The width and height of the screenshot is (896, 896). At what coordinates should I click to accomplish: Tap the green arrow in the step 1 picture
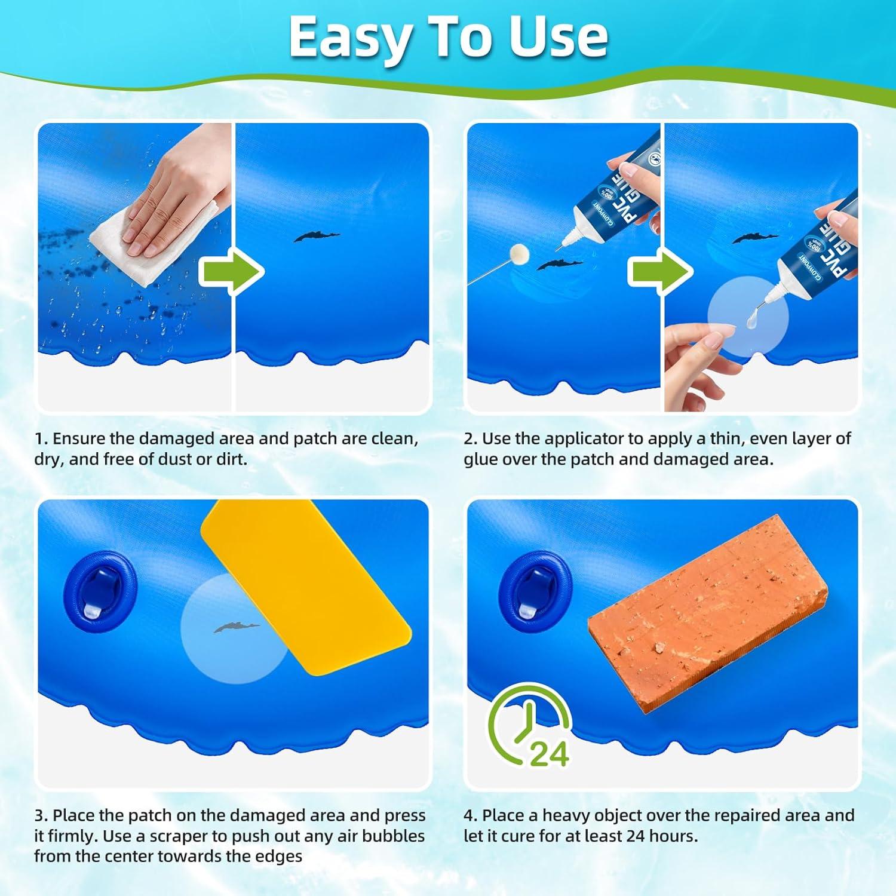click(231, 272)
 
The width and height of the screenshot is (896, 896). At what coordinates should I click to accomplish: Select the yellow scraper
click(305, 582)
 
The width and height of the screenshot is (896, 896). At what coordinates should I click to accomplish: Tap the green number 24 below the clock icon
click(549, 754)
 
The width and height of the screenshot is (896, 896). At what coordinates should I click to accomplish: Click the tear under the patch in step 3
click(237, 627)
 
